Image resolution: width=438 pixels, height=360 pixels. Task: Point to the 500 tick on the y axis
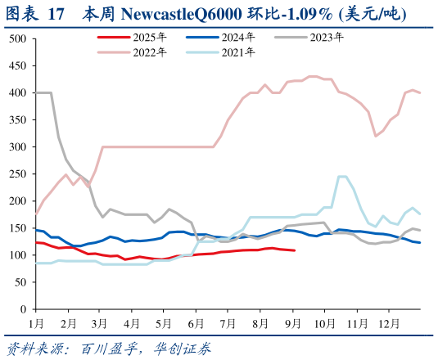(x=17, y=39)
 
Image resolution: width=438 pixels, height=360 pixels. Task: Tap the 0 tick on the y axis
(x=24, y=309)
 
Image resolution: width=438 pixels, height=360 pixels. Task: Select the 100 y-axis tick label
(x=17, y=255)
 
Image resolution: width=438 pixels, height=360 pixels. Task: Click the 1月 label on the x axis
(x=36, y=323)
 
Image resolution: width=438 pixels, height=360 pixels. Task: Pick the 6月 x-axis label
(x=196, y=323)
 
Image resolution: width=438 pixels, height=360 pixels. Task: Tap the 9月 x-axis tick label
(x=291, y=323)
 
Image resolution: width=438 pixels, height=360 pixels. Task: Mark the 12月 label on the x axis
(x=385, y=323)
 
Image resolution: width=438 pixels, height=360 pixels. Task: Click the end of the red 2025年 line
(x=295, y=250)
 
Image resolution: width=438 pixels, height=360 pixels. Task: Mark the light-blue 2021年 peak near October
(x=342, y=176)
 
